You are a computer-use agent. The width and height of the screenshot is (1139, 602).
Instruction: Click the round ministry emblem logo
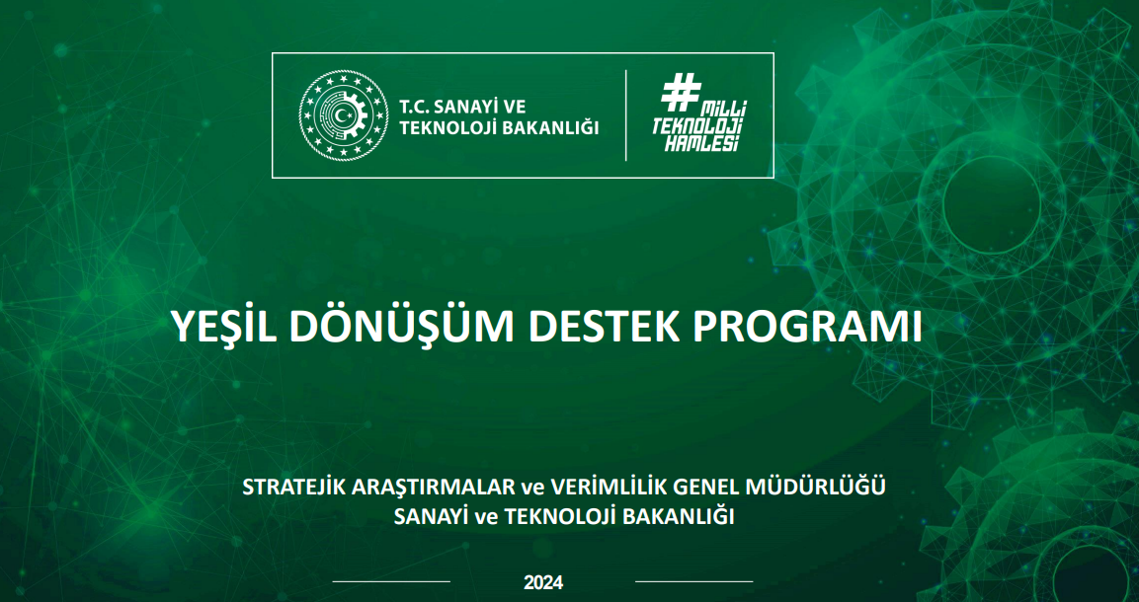[x=344, y=115]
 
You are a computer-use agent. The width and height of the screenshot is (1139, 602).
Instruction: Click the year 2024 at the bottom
[x=543, y=582]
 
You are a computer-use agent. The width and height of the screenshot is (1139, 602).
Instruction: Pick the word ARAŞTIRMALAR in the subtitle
[x=432, y=488]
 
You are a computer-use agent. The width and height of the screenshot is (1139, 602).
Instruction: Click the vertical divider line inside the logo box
[x=625, y=115]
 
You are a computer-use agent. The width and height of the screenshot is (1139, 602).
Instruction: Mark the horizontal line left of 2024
[x=391, y=581]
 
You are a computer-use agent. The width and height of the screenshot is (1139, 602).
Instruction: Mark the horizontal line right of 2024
[x=694, y=581]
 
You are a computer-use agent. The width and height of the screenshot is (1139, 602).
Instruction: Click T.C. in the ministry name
[x=415, y=107]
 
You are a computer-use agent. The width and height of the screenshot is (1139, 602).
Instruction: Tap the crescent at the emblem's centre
[x=342, y=115]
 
